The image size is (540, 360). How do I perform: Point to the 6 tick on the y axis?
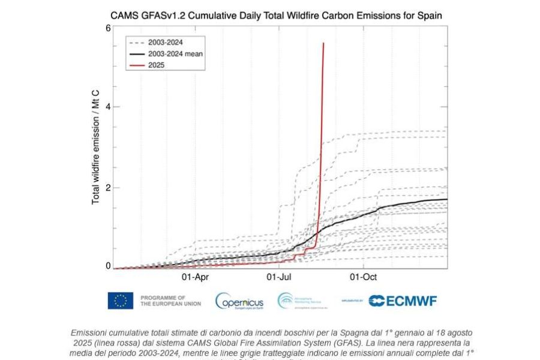(x=108, y=28)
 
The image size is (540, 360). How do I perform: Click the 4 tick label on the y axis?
(x=108, y=107)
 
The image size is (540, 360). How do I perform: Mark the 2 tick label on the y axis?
(x=108, y=187)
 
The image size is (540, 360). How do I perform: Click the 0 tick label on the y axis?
(x=108, y=266)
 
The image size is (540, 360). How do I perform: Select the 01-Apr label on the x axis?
(x=194, y=277)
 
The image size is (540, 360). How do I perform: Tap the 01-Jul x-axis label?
(x=279, y=277)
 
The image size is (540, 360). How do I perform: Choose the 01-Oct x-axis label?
(x=364, y=277)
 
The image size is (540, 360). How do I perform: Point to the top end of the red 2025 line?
(x=323, y=43)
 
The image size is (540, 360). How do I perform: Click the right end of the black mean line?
(x=447, y=199)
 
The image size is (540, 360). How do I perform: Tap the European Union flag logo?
(x=121, y=301)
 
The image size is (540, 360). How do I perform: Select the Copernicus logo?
(x=239, y=301)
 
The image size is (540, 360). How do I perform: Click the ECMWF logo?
(x=403, y=301)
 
